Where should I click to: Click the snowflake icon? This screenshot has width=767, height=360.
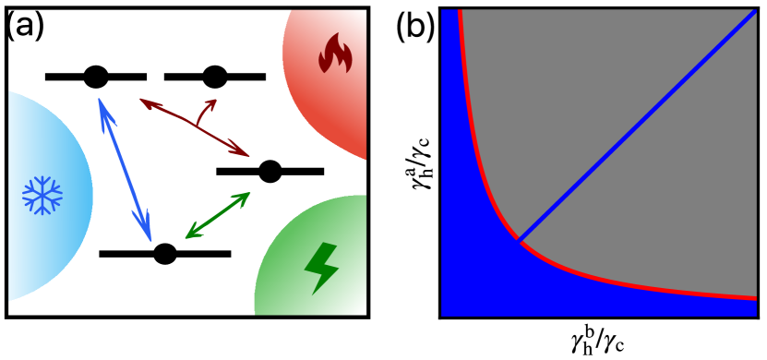(42, 196)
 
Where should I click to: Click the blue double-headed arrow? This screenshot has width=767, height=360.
(125, 169)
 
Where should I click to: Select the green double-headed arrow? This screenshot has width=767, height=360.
(218, 215)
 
